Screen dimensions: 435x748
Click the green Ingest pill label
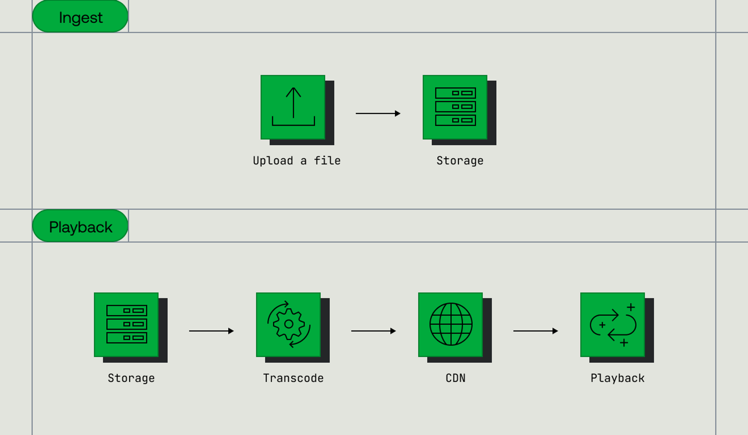point(80,17)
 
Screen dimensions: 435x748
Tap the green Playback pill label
point(80,226)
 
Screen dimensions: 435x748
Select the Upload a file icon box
point(293,107)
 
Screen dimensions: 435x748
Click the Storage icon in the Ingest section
point(455,107)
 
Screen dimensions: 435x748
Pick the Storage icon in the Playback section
point(126,324)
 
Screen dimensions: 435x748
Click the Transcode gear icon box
point(289,324)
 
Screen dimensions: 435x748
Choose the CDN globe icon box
point(451,324)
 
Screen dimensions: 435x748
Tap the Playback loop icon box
point(613,324)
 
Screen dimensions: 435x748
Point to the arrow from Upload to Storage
point(378,113)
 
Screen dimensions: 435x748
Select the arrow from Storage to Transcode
point(211,331)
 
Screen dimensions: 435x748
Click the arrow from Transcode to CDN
point(374,331)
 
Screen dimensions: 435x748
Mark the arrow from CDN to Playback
point(536,331)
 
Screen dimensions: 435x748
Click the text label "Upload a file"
point(297,161)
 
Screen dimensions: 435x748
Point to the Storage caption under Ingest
point(460,161)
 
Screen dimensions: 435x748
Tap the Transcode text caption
point(293,378)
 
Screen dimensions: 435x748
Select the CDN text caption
point(455,378)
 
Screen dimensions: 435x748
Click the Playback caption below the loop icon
point(618,378)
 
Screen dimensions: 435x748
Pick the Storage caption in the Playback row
point(131,378)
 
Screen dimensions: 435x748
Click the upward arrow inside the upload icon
point(293,102)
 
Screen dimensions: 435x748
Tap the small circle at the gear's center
point(289,324)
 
